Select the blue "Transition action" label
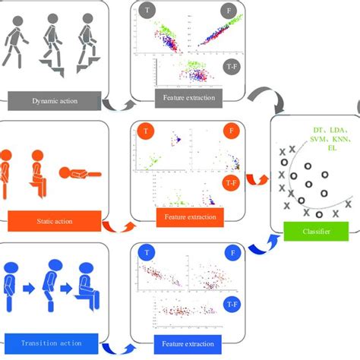tap(52, 343)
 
